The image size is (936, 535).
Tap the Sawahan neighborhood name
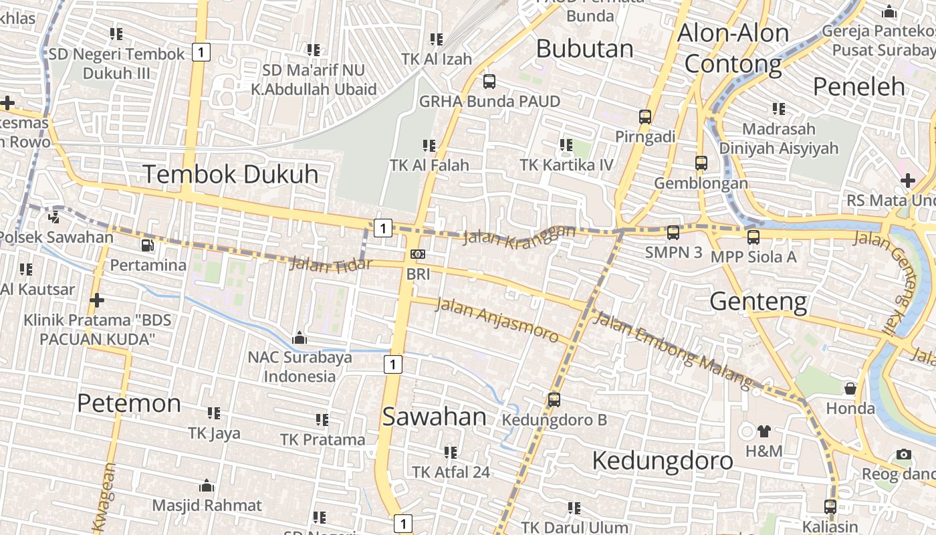tap(435, 417)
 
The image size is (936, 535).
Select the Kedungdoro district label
tap(663, 461)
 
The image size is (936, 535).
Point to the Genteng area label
tap(758, 302)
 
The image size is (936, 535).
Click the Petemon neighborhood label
tap(129, 403)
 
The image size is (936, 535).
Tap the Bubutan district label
tap(584, 49)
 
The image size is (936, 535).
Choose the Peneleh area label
tap(858, 86)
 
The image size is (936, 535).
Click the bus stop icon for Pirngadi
tap(645, 116)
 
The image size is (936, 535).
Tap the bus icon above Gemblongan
tap(701, 163)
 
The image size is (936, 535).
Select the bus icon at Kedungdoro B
tap(554, 400)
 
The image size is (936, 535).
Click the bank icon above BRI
tap(418, 254)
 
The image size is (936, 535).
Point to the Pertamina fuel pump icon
tap(148, 245)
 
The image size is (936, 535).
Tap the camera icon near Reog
tap(904, 454)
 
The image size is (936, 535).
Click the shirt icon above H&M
tap(764, 431)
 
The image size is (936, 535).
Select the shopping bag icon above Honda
tap(850, 389)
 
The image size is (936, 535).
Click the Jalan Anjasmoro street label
tap(496, 320)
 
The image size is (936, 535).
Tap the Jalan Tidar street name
tap(330, 264)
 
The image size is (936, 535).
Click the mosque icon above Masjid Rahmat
tap(207, 486)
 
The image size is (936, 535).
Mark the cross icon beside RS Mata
tap(907, 180)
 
